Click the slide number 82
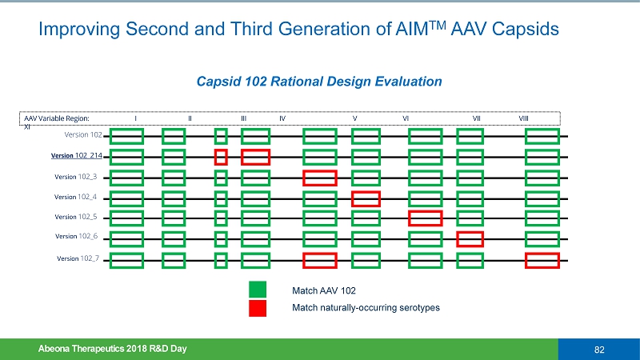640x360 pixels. pos(598,349)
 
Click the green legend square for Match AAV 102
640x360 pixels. pos(258,290)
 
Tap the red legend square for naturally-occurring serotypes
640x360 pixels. pos(258,308)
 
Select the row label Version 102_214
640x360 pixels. pos(77,155)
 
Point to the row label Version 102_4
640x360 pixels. pos(76,196)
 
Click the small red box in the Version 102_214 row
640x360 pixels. pos(221,157)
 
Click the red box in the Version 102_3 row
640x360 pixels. pos(319,178)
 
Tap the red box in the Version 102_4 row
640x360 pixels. pos(366,198)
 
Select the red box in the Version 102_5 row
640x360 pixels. pos(425,218)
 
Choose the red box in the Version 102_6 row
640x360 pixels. pos(470,238)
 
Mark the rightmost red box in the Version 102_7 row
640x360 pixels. pos(542,260)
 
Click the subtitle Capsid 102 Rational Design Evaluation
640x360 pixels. pos(319,81)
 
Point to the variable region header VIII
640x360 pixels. pos(523,118)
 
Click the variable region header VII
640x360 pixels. pos(477,118)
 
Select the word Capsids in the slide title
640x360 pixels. pos(529,30)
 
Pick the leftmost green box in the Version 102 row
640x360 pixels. pos(127,137)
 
